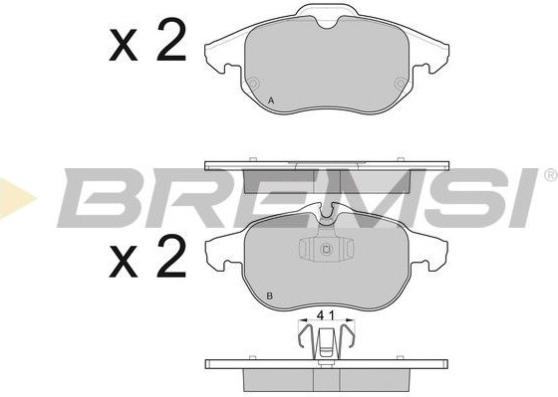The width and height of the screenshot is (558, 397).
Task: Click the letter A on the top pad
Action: coord(271,100)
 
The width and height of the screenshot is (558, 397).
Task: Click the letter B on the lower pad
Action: coord(270,296)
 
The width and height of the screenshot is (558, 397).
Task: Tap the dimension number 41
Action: coord(326,315)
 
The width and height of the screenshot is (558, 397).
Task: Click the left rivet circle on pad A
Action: coord(253,84)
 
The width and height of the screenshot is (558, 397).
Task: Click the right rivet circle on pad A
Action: coord(400,84)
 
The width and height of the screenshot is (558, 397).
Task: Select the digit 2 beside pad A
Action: coord(171,39)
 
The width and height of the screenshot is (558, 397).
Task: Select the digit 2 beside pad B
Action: coord(171,255)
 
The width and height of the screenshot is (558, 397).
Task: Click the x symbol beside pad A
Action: coord(124,45)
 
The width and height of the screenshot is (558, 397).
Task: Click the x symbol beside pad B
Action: coord(124,262)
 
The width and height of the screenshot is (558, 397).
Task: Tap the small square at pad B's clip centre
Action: coord(326,250)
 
